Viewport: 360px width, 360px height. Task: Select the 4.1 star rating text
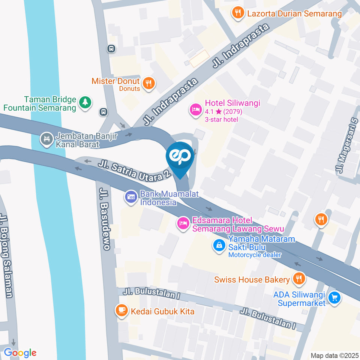point(223,111)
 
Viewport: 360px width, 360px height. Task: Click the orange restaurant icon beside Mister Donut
point(149,83)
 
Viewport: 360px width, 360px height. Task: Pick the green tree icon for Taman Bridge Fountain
point(85,102)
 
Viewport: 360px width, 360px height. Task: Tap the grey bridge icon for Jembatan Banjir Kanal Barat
point(47,139)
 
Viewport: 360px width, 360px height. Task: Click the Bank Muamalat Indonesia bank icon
point(131,197)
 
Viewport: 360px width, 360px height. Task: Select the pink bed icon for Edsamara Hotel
point(183,224)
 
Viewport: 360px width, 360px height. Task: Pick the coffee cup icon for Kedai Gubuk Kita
point(121,310)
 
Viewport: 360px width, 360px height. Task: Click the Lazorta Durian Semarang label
point(294,14)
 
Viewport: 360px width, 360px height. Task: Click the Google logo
point(20,352)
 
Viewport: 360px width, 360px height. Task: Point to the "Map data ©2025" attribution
point(334,355)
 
